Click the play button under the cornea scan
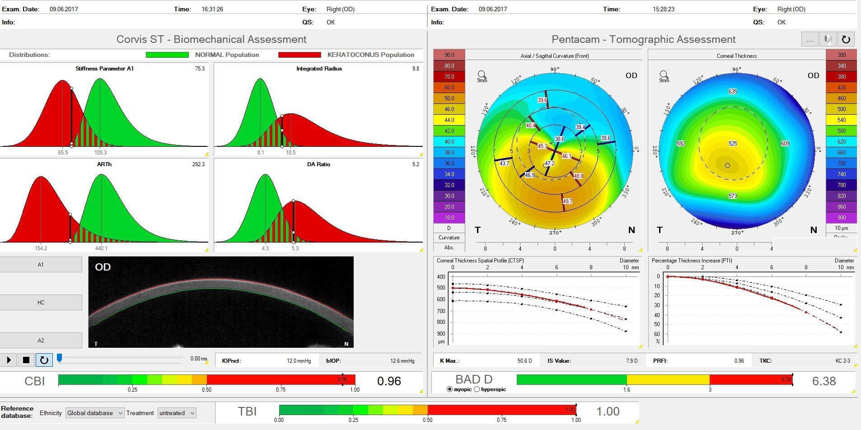(9, 360)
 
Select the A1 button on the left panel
(41, 265)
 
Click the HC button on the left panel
(41, 303)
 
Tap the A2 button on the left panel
(41, 341)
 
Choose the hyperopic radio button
(477, 389)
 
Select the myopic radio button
(449, 389)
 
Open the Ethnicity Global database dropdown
(95, 413)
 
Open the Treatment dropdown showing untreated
(177, 413)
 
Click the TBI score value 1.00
(608, 411)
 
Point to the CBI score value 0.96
(389, 381)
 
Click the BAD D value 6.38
(824, 381)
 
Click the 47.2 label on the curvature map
(549, 164)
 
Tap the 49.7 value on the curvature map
(567, 201)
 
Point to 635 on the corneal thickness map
(733, 92)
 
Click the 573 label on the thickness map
(733, 196)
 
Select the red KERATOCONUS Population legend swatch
(299, 55)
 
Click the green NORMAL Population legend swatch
(167, 55)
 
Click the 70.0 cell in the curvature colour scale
(449, 77)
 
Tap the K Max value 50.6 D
(524, 361)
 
